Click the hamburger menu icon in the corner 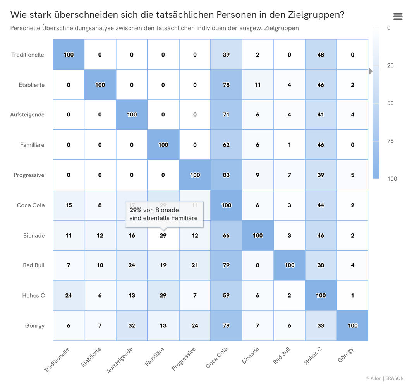click(398, 16)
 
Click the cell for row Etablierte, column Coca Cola click(226, 85)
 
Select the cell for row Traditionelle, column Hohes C click(321, 55)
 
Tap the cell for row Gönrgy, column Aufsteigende click(132, 325)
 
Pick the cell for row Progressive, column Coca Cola click(226, 175)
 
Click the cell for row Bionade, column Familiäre click(163, 235)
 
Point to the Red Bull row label click(34, 265)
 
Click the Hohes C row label click(33, 296)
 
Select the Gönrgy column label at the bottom click(346, 355)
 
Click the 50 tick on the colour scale click(390, 103)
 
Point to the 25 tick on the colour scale click(390, 65)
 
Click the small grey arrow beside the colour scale click(371, 71)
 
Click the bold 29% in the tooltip click(136, 210)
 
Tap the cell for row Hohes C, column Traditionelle click(69, 296)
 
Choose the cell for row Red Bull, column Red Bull click(289, 265)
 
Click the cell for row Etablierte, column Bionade click(257, 85)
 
